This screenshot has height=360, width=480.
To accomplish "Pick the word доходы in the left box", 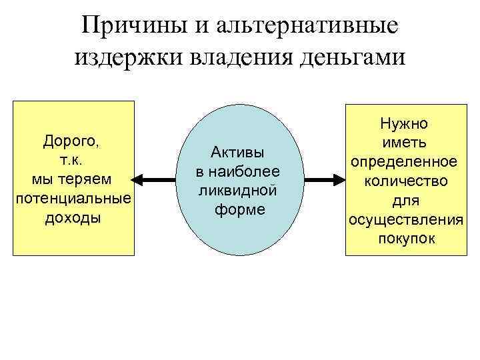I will (x=73, y=218).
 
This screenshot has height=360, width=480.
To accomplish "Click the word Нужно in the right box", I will (x=404, y=123).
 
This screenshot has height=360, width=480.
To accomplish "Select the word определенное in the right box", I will (x=404, y=162).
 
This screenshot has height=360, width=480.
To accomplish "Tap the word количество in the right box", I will (x=404, y=181).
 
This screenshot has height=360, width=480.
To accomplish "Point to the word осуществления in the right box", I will (x=404, y=219).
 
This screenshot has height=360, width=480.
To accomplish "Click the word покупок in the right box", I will (x=404, y=239).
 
